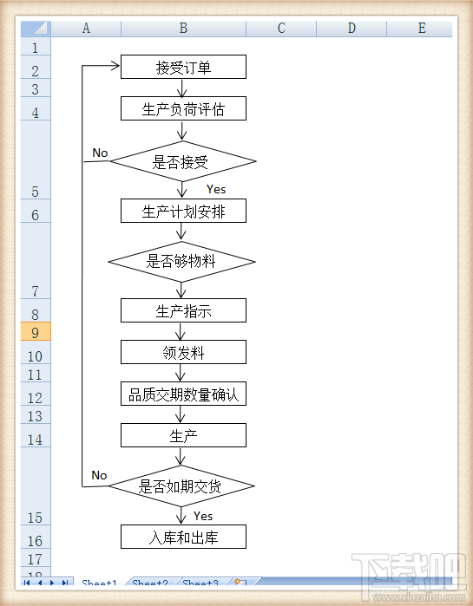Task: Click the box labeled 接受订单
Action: coord(183,67)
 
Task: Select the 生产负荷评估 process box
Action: coord(183,108)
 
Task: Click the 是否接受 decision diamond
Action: coord(183,161)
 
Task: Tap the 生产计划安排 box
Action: coord(183,211)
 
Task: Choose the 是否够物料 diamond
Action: coord(182,261)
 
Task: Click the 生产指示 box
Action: coord(183,310)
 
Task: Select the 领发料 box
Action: coord(183,352)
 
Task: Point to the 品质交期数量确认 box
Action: coord(183,394)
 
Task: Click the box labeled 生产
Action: coord(183,435)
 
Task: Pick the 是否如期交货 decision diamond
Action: coord(181,486)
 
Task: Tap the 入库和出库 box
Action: coord(183,537)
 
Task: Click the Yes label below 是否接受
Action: coord(216,189)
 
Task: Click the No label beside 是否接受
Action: coord(100,153)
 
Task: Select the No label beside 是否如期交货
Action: coord(99,475)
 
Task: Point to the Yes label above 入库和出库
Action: coord(202,516)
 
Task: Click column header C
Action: coord(281,29)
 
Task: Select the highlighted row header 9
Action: coord(36,332)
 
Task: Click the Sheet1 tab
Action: coord(99,583)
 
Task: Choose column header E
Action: coord(422,29)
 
